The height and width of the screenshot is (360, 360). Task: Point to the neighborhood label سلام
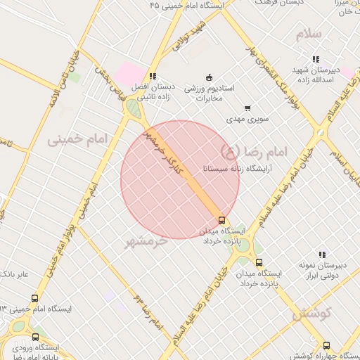coord(309,34)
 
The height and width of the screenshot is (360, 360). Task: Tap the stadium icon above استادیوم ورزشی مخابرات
coord(208,77)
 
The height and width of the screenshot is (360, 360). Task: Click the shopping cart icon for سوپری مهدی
coord(247,108)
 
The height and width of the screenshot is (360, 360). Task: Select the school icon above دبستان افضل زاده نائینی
coord(153,76)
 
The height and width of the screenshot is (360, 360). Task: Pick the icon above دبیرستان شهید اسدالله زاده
coord(316,59)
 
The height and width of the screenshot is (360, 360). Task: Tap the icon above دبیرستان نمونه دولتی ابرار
coord(321,255)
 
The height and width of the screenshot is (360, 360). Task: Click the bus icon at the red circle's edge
coord(223,219)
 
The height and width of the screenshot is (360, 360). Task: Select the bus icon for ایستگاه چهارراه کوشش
coord(326,345)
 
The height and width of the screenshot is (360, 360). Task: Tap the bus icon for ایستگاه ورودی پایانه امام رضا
coord(35,337)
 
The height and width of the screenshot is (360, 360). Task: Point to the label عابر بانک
coord(15,274)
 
